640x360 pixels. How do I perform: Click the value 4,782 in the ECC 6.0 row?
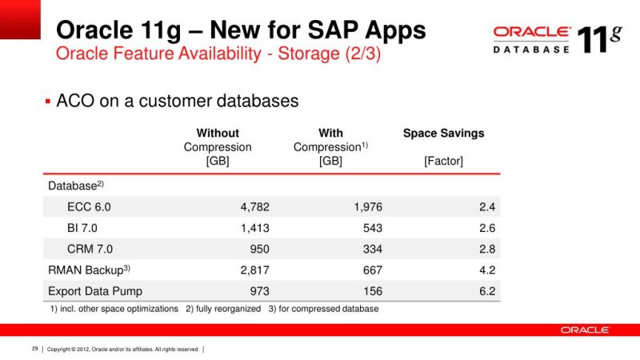254,206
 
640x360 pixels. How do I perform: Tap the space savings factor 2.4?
487,206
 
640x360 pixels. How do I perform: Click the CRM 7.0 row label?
90,249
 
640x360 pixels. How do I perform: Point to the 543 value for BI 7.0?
373,227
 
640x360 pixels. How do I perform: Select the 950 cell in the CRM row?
258,249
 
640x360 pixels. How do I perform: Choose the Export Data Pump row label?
95,291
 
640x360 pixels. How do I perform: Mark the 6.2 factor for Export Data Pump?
487,291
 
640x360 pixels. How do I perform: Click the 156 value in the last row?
373,291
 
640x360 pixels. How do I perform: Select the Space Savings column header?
443,133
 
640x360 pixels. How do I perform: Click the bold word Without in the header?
218,133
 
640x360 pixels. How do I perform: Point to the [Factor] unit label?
443,162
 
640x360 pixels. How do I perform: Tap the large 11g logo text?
598,38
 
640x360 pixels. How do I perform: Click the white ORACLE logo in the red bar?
585,330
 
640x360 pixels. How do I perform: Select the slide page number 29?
35,349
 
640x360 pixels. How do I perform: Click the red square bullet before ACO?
47,102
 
